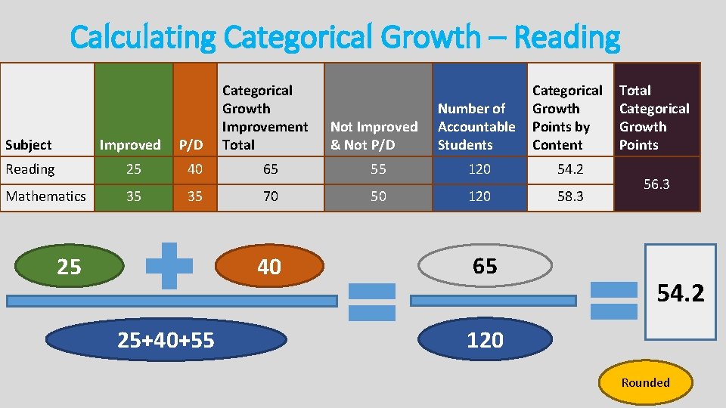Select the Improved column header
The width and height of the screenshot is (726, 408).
[130, 144]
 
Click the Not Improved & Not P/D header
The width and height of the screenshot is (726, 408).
[374, 135]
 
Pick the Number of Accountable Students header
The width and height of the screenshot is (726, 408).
[476, 126]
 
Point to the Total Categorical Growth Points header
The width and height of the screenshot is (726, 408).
[654, 117]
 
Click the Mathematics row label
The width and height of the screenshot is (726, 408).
[46, 196]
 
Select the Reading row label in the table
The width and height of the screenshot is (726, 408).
[30, 169]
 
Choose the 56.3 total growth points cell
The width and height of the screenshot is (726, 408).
[656, 184]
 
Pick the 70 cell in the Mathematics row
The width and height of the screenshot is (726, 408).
[270, 196]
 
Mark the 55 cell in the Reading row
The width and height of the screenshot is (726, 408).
[378, 169]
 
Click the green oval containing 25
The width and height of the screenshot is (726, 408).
[69, 267]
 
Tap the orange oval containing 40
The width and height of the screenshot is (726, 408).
[269, 267]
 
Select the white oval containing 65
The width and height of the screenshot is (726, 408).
[485, 265]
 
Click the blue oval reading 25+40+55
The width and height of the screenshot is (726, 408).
[166, 341]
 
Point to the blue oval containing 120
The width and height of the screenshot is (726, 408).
[485, 340]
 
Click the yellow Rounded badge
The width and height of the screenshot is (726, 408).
[645, 382]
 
